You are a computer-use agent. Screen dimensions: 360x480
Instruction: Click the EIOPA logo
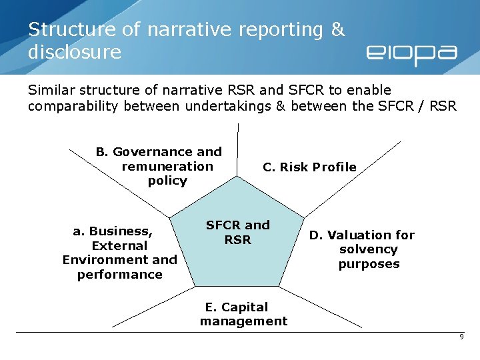pyautogui.click(x=411, y=54)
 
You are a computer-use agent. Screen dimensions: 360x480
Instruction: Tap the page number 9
pyautogui.click(x=461, y=337)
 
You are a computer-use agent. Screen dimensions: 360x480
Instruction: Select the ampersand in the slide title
pyautogui.click(x=338, y=30)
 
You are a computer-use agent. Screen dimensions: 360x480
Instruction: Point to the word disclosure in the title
pyautogui.click(x=75, y=52)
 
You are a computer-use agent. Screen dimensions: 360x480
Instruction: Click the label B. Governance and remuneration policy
pyautogui.click(x=159, y=166)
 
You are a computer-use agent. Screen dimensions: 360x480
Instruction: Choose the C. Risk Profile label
pyautogui.click(x=309, y=167)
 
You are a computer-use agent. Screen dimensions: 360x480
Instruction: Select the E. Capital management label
pyautogui.click(x=243, y=314)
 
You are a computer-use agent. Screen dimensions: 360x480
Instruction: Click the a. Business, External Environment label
pyautogui.click(x=120, y=253)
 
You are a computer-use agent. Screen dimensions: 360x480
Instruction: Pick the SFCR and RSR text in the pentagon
pyautogui.click(x=237, y=232)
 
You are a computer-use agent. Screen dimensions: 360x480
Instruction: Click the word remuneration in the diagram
pyautogui.click(x=167, y=166)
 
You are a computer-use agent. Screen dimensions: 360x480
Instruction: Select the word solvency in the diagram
pyautogui.click(x=368, y=249)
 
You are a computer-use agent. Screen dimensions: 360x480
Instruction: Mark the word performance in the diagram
pyautogui.click(x=120, y=275)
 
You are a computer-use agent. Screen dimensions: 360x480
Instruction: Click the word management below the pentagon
pyautogui.click(x=243, y=321)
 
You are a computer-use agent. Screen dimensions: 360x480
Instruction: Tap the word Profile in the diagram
pyautogui.click(x=332, y=167)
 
